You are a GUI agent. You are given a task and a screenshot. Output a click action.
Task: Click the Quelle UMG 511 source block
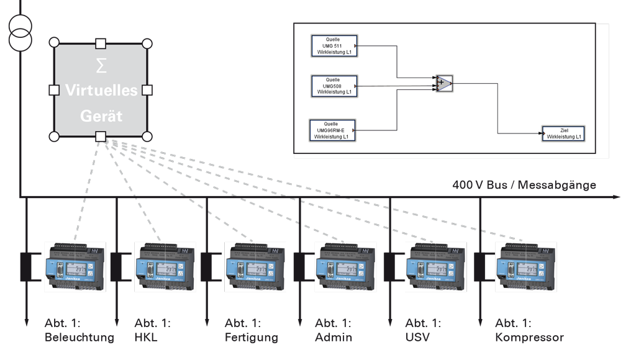(x=333, y=46)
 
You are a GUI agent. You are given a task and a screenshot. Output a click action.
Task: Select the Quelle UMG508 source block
(x=333, y=86)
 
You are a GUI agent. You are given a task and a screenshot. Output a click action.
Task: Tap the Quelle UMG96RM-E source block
(x=333, y=130)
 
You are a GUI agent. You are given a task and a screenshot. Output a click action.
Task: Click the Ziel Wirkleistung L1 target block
(x=564, y=133)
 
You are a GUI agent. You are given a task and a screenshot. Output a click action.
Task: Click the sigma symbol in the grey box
(x=101, y=65)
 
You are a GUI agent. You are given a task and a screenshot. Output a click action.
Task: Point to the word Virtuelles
(x=101, y=91)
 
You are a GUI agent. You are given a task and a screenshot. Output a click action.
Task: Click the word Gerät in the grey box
(x=101, y=116)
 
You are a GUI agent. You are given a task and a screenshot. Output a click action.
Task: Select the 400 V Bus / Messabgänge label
(x=524, y=185)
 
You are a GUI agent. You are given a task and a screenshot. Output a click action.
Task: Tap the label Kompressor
(x=529, y=338)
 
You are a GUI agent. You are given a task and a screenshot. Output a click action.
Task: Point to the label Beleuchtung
(x=79, y=338)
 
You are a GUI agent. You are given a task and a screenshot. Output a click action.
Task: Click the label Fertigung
(x=251, y=338)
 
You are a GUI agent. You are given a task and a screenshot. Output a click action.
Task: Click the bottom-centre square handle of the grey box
(x=101, y=137)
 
